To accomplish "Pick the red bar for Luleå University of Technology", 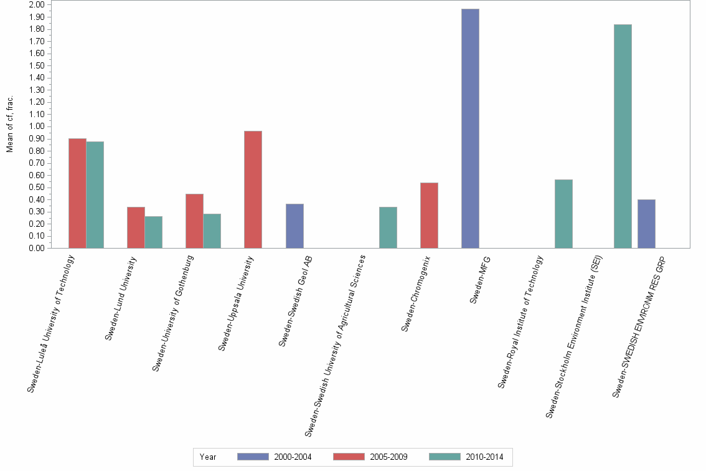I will tap(77, 193).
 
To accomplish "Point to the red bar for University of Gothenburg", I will tap(194, 221).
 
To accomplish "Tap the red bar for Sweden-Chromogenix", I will tap(429, 215).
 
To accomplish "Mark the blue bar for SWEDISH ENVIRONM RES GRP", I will tap(646, 224).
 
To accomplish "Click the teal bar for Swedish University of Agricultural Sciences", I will tap(388, 227).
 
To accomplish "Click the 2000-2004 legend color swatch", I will tap(253, 457).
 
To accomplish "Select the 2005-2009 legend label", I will tap(388, 457).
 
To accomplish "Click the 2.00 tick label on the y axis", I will tap(37, 5).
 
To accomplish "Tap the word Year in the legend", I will tap(208, 457).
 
